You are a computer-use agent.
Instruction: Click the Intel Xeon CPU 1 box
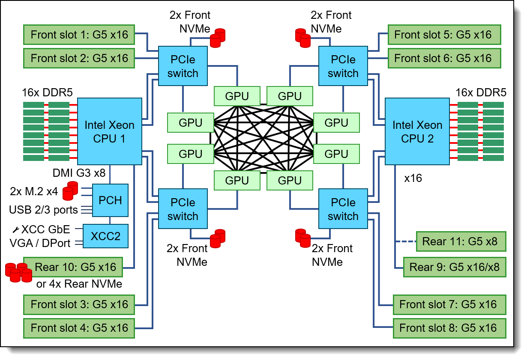click(109, 131)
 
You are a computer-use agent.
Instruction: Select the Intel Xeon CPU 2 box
click(417, 131)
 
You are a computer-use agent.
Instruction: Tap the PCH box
click(111, 200)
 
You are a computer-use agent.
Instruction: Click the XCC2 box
click(105, 236)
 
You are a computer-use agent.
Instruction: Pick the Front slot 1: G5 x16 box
click(79, 35)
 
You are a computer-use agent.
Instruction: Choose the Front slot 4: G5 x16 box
click(79, 328)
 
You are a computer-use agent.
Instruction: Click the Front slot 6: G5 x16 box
click(443, 58)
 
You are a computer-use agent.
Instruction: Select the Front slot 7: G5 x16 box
click(448, 304)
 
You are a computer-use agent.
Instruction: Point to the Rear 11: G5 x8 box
click(460, 241)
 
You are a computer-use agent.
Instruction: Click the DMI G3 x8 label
click(78, 173)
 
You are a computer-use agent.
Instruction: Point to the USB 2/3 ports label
click(43, 210)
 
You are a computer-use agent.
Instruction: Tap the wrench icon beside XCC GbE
click(15, 229)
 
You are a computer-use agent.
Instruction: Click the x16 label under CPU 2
click(413, 179)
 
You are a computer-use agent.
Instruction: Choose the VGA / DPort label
click(40, 243)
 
